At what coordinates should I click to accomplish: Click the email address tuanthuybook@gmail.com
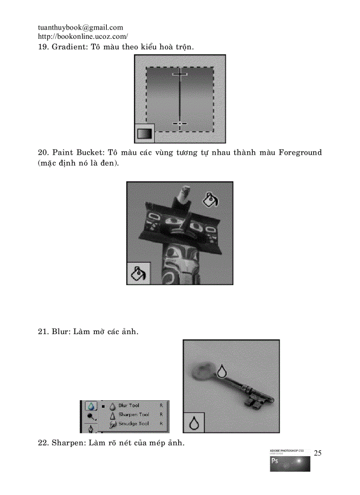(80, 27)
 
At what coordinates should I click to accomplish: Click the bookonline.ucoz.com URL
(83, 37)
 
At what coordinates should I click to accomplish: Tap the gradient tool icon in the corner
(144, 133)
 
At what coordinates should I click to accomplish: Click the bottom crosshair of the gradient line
(180, 124)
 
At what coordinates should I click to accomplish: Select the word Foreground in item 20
(300, 153)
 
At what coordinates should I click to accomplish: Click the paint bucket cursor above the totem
(210, 200)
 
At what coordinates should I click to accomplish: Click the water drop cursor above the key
(222, 371)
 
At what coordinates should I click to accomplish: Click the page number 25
(318, 453)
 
